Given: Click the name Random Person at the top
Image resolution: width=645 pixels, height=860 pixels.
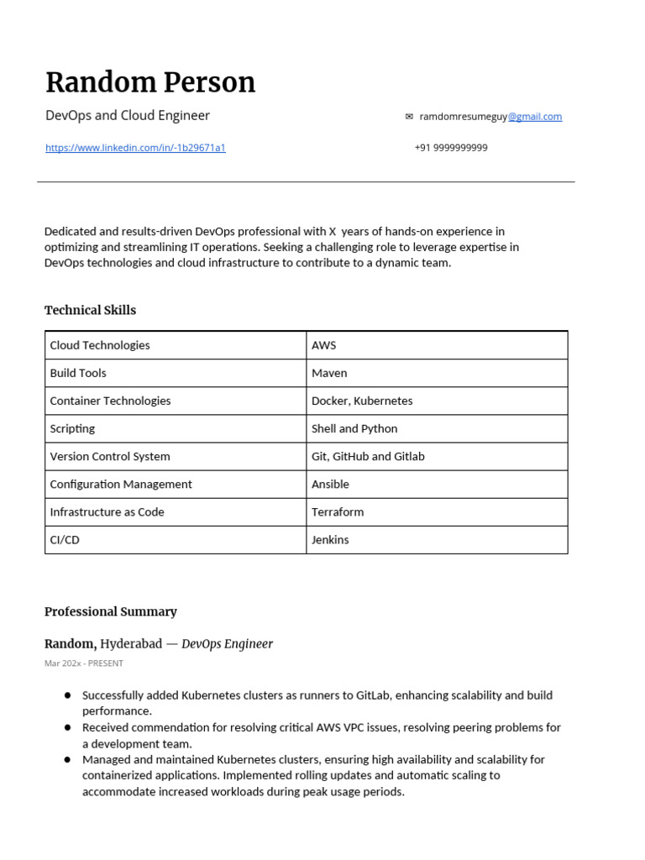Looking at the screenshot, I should pyautogui.click(x=150, y=82).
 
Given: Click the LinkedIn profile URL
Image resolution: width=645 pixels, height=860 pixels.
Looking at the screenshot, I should pyautogui.click(x=135, y=148).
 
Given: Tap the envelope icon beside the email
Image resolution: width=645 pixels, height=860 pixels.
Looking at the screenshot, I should pyautogui.click(x=409, y=117).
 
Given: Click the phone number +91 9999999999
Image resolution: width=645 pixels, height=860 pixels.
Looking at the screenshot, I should pyautogui.click(x=451, y=148).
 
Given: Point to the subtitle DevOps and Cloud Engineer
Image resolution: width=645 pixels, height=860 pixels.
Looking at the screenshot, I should pyautogui.click(x=128, y=115).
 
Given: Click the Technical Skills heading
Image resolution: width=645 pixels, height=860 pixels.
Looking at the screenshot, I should pyautogui.click(x=90, y=310).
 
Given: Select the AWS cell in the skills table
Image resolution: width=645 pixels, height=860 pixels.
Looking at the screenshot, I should pyautogui.click(x=324, y=345).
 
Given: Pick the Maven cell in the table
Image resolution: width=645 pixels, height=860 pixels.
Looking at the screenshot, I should pyautogui.click(x=329, y=373).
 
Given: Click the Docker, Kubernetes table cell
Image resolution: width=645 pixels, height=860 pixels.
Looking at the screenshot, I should pyautogui.click(x=362, y=401).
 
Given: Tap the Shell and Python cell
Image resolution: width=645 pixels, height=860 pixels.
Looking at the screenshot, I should pyautogui.click(x=354, y=428).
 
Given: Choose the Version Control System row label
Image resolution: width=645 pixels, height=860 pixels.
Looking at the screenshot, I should pyautogui.click(x=110, y=456).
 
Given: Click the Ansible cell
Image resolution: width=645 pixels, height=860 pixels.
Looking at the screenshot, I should pyautogui.click(x=330, y=484).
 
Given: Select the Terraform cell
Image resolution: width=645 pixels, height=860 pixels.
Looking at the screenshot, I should pyautogui.click(x=338, y=511).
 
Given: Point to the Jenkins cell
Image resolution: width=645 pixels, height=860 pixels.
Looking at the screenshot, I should pyautogui.click(x=330, y=539).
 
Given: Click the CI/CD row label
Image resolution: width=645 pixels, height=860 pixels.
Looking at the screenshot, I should pyautogui.click(x=65, y=539).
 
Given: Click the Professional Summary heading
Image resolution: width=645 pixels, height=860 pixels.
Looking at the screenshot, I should pyautogui.click(x=111, y=611).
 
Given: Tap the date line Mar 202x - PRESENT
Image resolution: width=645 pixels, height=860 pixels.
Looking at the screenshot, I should pyautogui.click(x=84, y=663).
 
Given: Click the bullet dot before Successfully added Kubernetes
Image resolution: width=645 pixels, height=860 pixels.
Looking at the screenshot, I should pyautogui.click(x=67, y=695).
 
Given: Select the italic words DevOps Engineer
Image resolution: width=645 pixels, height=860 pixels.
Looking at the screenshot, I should pyautogui.click(x=227, y=644).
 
